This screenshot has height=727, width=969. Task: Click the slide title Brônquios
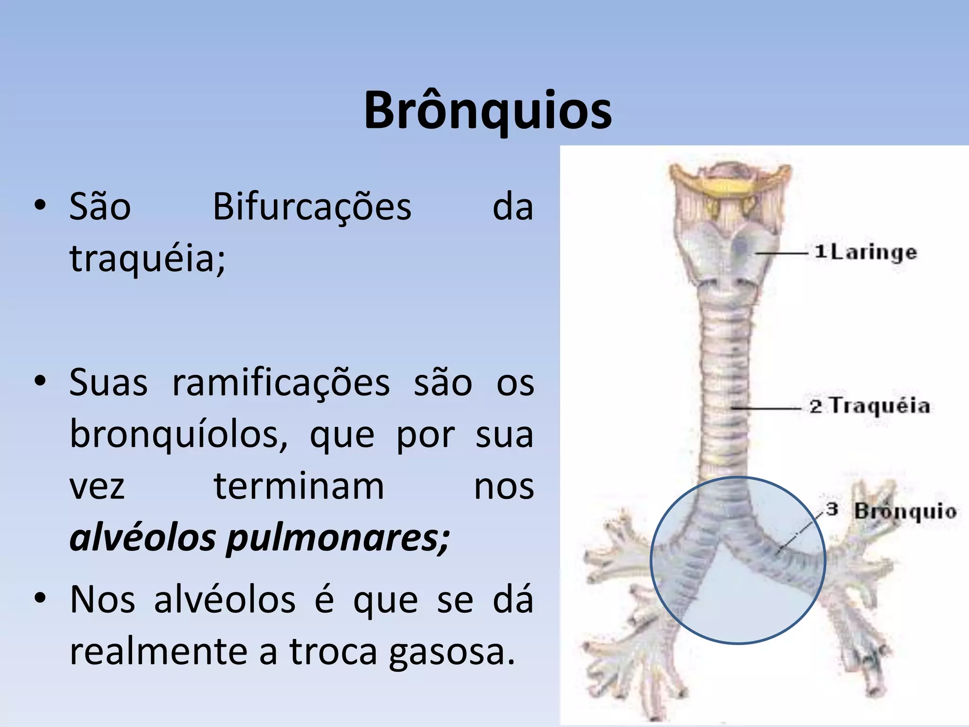(x=488, y=111)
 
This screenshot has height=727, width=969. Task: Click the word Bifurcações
(x=312, y=207)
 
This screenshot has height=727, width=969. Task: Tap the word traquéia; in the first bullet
(x=148, y=259)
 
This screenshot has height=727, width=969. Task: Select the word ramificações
(x=281, y=382)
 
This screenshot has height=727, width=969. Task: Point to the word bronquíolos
(x=178, y=434)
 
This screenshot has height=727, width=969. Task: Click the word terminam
(x=299, y=487)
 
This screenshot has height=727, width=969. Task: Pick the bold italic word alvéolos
(x=142, y=539)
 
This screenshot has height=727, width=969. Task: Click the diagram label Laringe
(x=873, y=253)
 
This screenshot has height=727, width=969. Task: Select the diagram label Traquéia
(x=880, y=406)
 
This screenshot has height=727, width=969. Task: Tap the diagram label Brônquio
(x=905, y=511)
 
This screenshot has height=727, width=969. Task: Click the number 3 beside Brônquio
(x=832, y=509)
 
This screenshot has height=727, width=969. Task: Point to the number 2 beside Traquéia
(x=816, y=407)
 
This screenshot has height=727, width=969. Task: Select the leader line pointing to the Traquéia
(x=766, y=408)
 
